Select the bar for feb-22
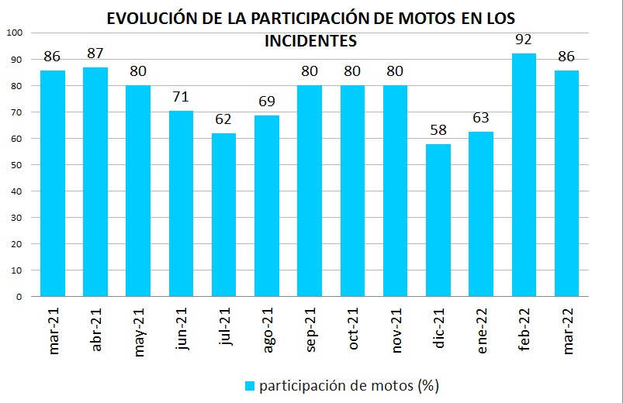click(524, 174)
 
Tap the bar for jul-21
click(223, 215)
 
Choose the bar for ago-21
click(267, 205)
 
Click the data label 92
click(524, 39)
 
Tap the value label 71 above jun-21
click(181, 97)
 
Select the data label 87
click(95, 54)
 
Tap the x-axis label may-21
click(140, 329)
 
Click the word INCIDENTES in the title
click(310, 40)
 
